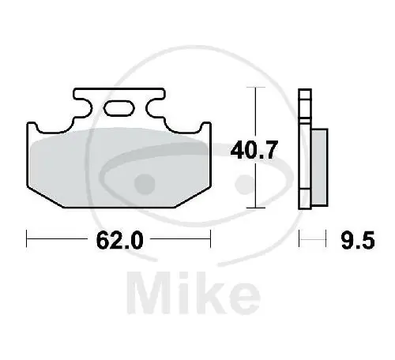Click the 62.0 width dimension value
[x=120, y=241]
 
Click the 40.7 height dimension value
[x=254, y=150]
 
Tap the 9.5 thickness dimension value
[x=358, y=241]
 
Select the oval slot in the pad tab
[x=119, y=108]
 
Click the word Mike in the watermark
[x=194, y=293]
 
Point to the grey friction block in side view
[x=319, y=167]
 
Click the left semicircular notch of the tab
[x=84, y=107]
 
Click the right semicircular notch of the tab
[x=155, y=107]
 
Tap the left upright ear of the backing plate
[x=32, y=127]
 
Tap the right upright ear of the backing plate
[x=205, y=127]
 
